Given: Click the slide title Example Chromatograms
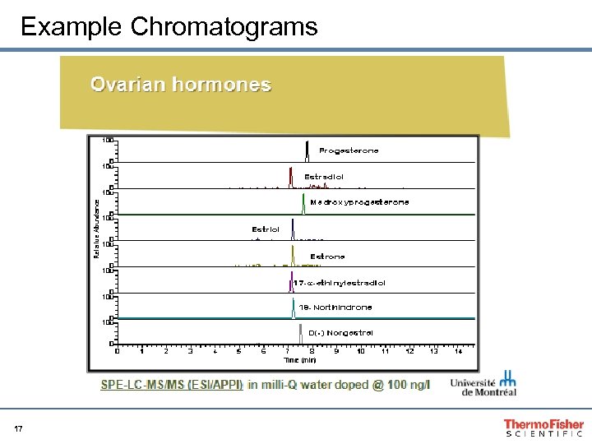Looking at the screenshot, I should (x=169, y=26).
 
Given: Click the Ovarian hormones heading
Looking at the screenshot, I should (x=181, y=85).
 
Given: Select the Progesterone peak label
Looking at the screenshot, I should (x=349, y=151).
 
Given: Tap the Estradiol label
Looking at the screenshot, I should (x=324, y=177).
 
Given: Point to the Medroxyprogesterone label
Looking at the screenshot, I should (x=359, y=202).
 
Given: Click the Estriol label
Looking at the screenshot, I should (x=266, y=229).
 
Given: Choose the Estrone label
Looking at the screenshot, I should (x=327, y=257).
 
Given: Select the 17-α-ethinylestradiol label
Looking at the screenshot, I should (x=340, y=283).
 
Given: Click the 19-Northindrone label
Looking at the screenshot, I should (x=335, y=308).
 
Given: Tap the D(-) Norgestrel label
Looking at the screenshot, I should (x=340, y=333).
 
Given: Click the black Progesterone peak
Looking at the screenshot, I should (x=307, y=151).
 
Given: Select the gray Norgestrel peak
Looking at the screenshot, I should (x=300, y=333).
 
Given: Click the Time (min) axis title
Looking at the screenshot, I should (x=300, y=360).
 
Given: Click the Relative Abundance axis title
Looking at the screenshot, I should (x=96, y=228).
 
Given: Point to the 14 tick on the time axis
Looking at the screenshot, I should (x=458, y=352).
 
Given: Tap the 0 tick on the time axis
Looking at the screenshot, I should (x=117, y=352).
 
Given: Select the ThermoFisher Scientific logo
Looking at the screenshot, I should (x=543, y=427).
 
